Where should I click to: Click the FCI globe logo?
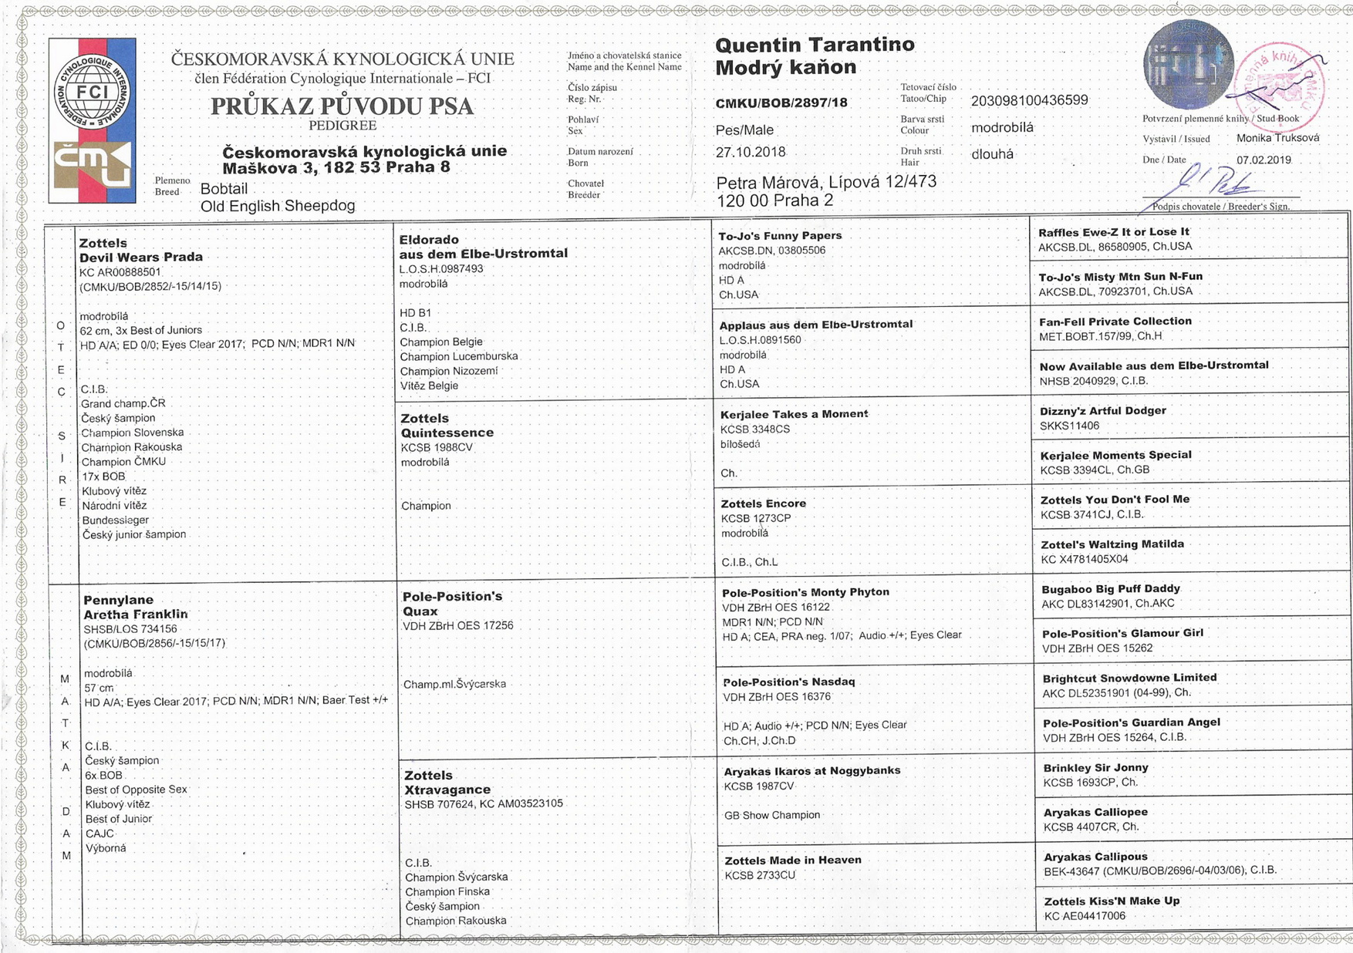coord(91,93)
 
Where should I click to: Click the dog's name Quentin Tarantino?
coord(815,45)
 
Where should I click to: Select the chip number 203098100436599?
coord(1029,101)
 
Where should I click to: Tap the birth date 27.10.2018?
coord(750,152)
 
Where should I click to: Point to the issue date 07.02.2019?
coord(1263,160)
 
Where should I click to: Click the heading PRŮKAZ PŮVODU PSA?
coord(342,106)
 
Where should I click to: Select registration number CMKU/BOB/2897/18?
coord(781,103)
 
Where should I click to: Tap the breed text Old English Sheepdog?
coord(278,206)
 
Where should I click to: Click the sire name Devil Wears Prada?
coord(141,258)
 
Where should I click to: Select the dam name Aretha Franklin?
coord(136,615)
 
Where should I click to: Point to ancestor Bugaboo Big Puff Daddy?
coord(1111,589)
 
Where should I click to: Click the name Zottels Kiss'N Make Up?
coord(1112,901)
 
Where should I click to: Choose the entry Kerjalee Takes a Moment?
coord(794,414)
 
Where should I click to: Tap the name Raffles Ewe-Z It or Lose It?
coord(1113,232)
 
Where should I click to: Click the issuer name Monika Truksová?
coord(1277,138)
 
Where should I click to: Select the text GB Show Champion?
coord(772,815)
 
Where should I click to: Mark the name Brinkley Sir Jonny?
coord(1095,768)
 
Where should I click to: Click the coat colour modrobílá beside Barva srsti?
coord(1002,128)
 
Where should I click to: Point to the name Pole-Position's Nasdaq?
coord(788,682)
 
